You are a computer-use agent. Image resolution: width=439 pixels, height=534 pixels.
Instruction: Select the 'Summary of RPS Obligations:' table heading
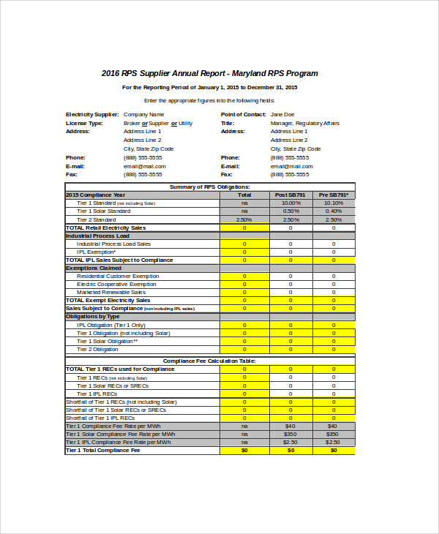210,187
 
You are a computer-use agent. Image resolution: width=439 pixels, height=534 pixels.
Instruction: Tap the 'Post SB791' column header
290,195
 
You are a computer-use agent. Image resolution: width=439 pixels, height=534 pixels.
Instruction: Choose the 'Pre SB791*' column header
333,195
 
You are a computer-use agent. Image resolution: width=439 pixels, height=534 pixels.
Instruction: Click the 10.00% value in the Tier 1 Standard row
290,203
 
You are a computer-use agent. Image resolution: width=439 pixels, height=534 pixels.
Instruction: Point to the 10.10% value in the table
333,203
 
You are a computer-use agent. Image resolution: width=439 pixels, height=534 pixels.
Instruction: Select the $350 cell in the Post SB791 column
290,434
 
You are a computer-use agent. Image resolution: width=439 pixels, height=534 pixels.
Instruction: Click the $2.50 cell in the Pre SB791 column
333,442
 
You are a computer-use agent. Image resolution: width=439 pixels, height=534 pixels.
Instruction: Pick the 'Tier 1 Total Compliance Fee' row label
102,450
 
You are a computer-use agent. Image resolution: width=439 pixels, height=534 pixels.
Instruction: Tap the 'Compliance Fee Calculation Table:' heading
210,361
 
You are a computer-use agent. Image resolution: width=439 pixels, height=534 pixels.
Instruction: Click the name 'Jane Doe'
282,115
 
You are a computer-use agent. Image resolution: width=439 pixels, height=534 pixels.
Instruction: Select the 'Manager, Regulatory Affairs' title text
304,124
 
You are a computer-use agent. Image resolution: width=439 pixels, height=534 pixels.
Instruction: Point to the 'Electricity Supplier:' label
92,115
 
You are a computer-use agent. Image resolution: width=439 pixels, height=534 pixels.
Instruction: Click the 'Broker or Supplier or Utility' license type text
158,124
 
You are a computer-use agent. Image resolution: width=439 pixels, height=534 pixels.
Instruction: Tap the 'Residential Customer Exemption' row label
118,276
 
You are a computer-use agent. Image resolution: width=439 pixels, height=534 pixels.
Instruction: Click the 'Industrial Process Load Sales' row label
114,244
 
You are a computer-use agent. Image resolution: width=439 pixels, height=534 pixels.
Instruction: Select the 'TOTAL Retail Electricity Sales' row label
106,227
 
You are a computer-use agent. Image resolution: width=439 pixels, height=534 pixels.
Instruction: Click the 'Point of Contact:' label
243,115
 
